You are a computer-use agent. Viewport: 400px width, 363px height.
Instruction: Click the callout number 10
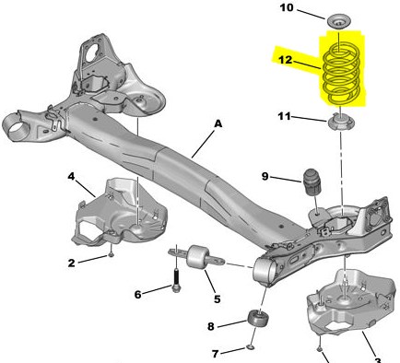[287, 7]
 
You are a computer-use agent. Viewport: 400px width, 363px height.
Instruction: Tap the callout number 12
[285, 60]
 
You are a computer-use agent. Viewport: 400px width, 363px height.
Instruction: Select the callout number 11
[284, 117]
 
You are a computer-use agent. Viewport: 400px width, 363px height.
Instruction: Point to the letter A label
[218, 123]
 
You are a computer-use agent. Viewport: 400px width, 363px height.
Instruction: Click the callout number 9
[265, 177]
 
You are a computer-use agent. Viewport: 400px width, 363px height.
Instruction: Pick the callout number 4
[71, 177]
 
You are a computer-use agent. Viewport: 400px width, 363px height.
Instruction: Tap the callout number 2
[71, 263]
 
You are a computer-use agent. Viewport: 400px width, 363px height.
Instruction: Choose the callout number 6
[137, 295]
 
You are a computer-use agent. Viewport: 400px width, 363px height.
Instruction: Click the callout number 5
[218, 299]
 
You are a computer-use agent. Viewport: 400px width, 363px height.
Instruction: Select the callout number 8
[210, 326]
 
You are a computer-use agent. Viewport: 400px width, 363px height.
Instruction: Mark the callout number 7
[215, 354]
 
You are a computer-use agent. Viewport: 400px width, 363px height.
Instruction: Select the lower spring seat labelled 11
[341, 123]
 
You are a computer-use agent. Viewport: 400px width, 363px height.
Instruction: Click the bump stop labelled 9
[311, 181]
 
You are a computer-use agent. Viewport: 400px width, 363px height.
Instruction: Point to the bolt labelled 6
[176, 281]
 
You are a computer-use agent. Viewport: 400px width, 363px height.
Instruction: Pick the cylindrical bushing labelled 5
[197, 257]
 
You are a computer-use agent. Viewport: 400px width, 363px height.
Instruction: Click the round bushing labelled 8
[258, 319]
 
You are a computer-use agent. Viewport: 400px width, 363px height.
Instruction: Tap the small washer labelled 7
[251, 347]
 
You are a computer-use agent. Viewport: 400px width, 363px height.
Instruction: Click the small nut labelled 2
[112, 254]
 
